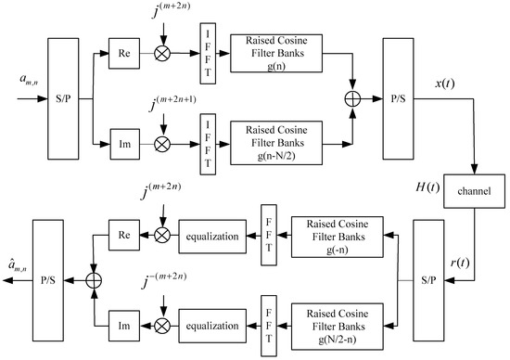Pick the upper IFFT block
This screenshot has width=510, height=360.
coord(204,50)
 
